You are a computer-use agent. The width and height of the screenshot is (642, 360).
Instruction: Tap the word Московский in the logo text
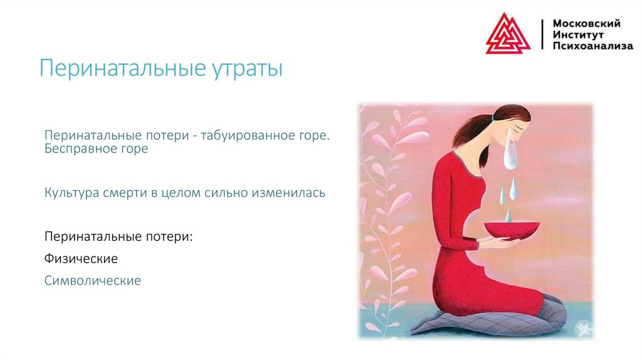coord(586,23)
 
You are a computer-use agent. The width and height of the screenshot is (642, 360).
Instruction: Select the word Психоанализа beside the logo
coord(592,46)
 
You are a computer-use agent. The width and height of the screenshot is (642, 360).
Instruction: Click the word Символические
coord(93,280)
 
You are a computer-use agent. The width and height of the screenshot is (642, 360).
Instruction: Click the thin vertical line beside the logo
coord(542,34)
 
